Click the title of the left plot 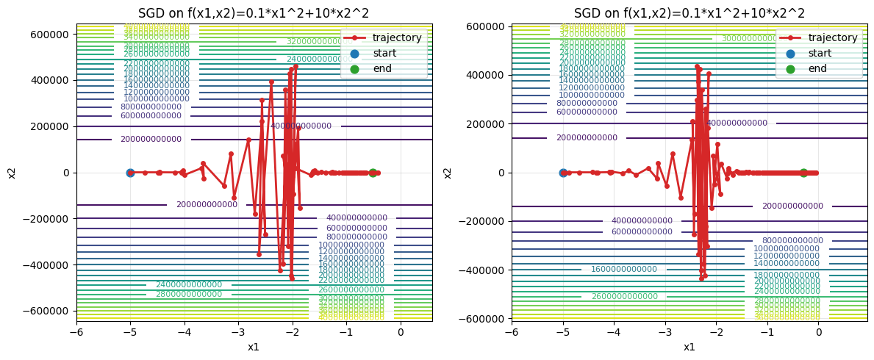coord(254,13)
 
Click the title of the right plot coord(689,13)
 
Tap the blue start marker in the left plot coord(130,173)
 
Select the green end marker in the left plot coord(373,173)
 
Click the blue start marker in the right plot coord(563,173)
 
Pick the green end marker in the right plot coord(803,173)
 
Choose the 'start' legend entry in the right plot coord(823,53)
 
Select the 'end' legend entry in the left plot coord(382,68)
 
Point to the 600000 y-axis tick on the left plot coord(49,35)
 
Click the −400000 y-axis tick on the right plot coord(482,270)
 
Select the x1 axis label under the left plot coord(254,347)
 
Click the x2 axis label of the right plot coord(448,173)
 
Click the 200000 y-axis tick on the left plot coord(49,126)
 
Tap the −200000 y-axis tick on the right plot coord(482,221)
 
